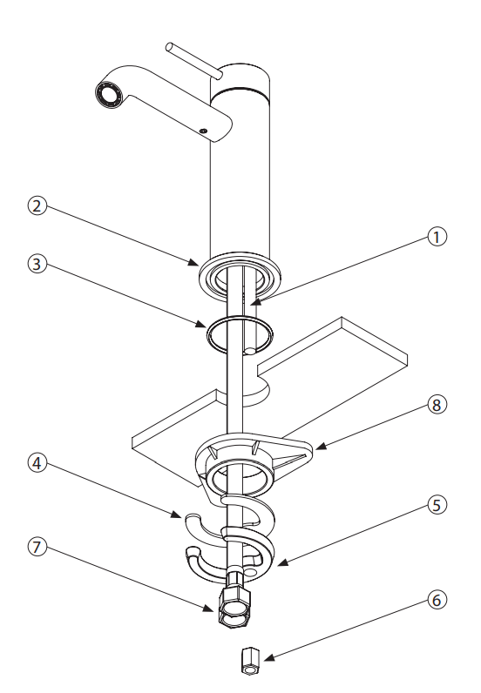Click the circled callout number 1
[x=437, y=237]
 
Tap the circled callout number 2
[x=37, y=206]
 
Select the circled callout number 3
[x=37, y=265]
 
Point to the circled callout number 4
[x=37, y=463]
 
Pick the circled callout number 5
[x=437, y=505]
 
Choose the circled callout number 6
[x=437, y=600]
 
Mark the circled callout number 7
[x=37, y=547]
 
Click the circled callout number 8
[x=437, y=405]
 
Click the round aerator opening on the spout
[x=108, y=94]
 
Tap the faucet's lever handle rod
[x=193, y=60]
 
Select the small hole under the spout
[x=203, y=131]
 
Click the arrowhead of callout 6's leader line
[x=268, y=658]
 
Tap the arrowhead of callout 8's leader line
[x=321, y=447]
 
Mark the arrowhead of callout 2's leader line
[x=193, y=263]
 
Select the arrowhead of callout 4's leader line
[x=176, y=515]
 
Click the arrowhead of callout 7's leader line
[x=208, y=609]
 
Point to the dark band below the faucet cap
[x=240, y=92]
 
